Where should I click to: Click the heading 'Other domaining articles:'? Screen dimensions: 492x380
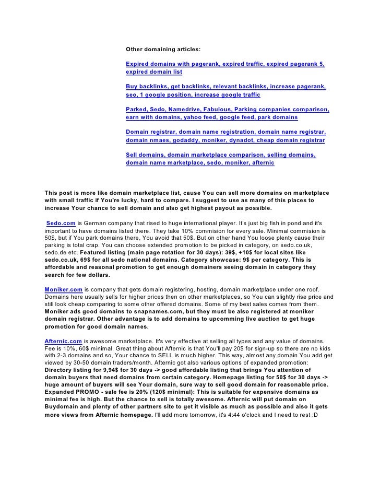pos(162,49)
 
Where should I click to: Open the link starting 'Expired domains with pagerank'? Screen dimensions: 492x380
pos(225,64)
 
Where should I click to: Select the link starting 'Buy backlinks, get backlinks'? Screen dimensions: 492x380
pos(225,87)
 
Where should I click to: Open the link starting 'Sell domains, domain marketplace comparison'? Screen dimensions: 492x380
pos(221,156)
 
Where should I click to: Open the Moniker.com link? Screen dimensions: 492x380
pos(63,289)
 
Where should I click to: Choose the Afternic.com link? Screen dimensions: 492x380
pos(63,341)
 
